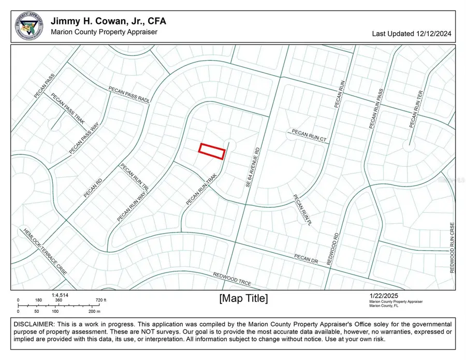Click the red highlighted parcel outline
pos(212,151)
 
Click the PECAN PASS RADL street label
pos(129,95)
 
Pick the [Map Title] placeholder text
pos(243,298)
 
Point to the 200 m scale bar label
pos(94,311)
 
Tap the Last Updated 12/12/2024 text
pos(412,34)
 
